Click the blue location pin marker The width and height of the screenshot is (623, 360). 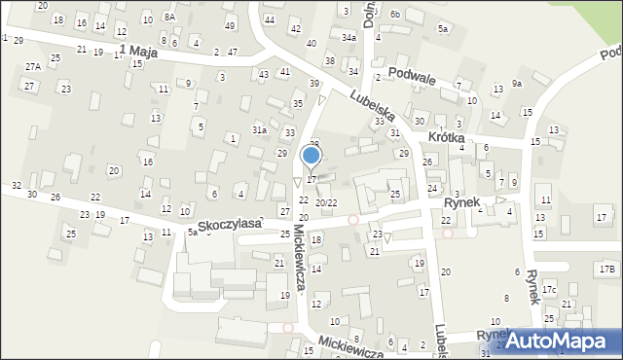pos(311,156)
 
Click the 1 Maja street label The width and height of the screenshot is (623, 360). pos(138,51)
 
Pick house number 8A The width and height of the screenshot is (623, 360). pos(169,17)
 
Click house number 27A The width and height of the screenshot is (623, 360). pos(33,66)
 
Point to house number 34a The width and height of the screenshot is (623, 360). pos(348,36)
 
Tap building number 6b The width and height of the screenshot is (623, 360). pos(394,14)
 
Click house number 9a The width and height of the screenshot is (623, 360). pos(518,84)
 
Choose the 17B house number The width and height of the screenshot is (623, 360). pos(607,268)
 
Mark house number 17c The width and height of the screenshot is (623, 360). pos(550,289)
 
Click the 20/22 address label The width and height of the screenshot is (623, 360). pos(326,202)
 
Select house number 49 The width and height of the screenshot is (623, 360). pos(230,24)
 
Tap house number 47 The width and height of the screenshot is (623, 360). pos(233,51)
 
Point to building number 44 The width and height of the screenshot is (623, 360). pos(269,19)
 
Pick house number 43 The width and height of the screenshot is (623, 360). pos(264,74)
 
